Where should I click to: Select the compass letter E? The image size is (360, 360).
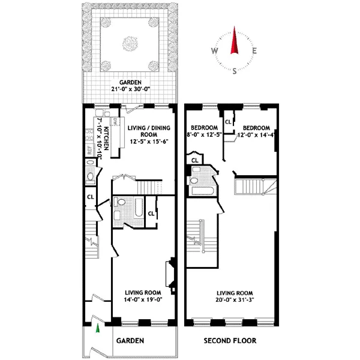click(255, 50)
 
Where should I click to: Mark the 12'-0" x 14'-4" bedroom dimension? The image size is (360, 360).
click(256, 134)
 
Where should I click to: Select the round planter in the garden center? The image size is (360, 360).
click(129, 43)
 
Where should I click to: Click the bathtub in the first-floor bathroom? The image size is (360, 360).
click(137, 211)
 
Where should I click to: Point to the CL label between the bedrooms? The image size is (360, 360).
click(228, 122)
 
